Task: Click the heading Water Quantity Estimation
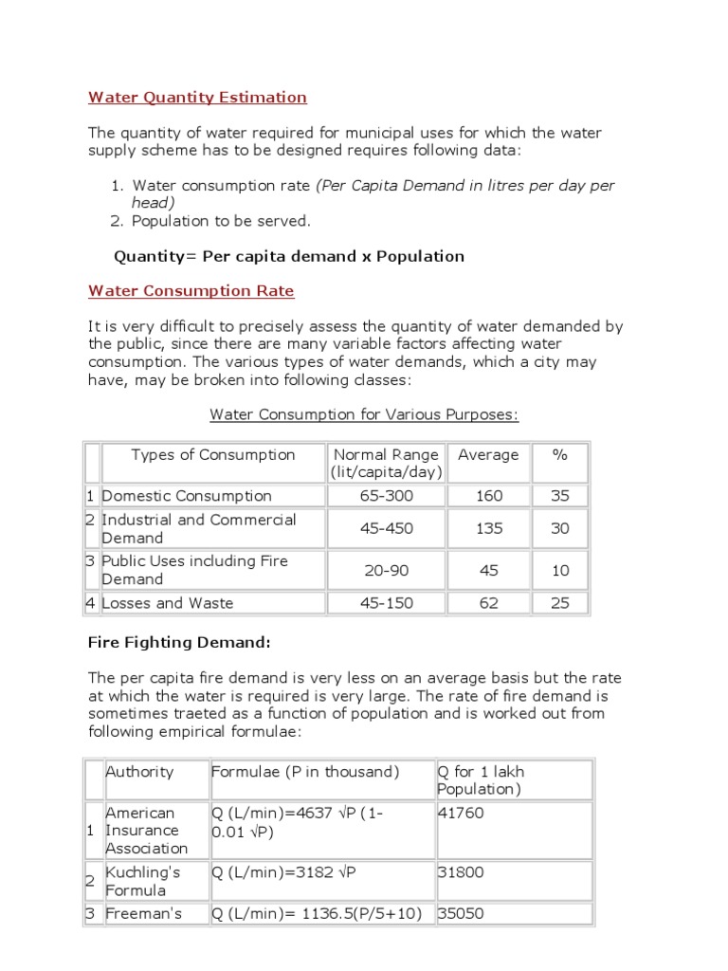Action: tap(197, 97)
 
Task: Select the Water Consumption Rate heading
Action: tap(191, 291)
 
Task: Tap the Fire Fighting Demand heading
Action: tap(180, 643)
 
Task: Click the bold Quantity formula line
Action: tap(289, 256)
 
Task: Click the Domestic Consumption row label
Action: tap(187, 496)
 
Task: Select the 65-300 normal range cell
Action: tap(387, 496)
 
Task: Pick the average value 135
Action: tap(489, 528)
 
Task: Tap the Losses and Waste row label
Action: tap(167, 603)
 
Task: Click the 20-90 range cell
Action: tap(387, 570)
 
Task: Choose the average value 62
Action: tap(489, 603)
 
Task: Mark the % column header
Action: tap(560, 455)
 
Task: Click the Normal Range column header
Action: tap(387, 463)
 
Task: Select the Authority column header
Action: tap(139, 772)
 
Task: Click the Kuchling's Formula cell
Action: tap(142, 881)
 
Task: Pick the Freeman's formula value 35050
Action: tap(460, 914)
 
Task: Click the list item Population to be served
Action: tap(221, 221)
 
